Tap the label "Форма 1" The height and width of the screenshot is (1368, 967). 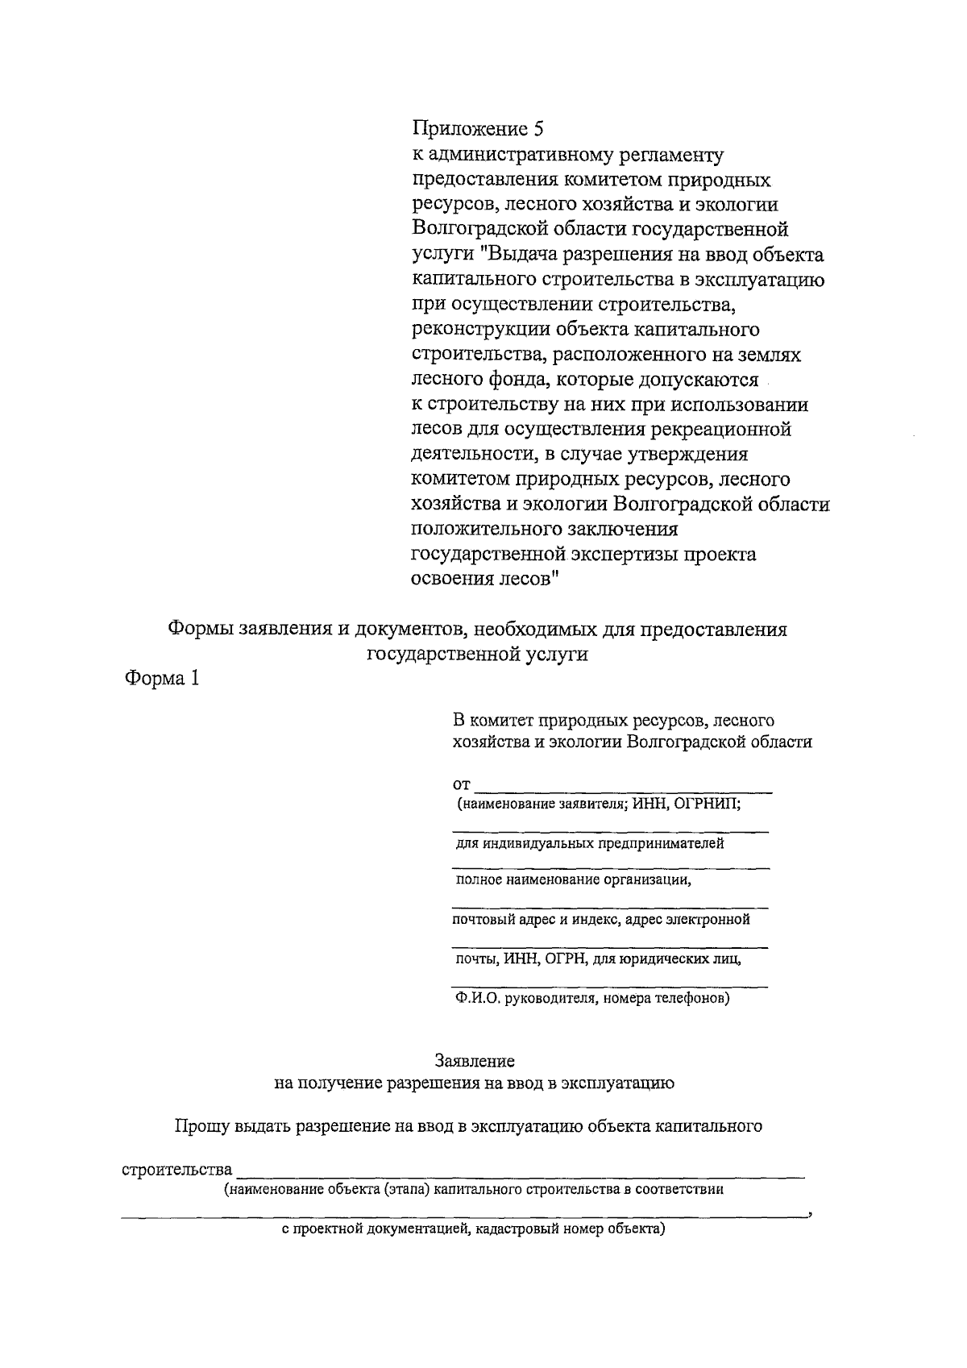(160, 679)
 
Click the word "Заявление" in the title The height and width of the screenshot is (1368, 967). (475, 1061)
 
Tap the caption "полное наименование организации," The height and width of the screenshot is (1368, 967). (574, 879)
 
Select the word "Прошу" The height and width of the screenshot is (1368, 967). (203, 1126)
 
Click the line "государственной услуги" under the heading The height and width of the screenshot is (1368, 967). (477, 655)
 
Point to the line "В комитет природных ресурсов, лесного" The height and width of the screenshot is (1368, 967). (613, 719)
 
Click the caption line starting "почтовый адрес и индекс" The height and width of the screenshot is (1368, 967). (600, 920)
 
